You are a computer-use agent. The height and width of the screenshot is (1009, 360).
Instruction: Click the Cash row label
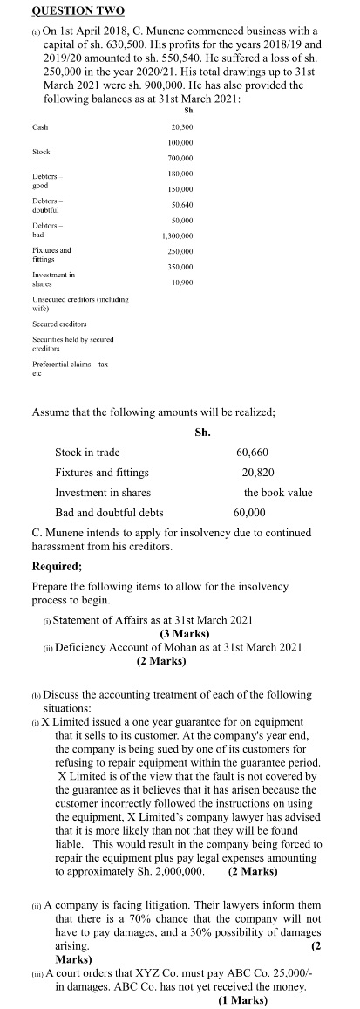39,126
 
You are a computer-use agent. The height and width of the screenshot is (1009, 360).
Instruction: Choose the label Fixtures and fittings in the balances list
51,252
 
